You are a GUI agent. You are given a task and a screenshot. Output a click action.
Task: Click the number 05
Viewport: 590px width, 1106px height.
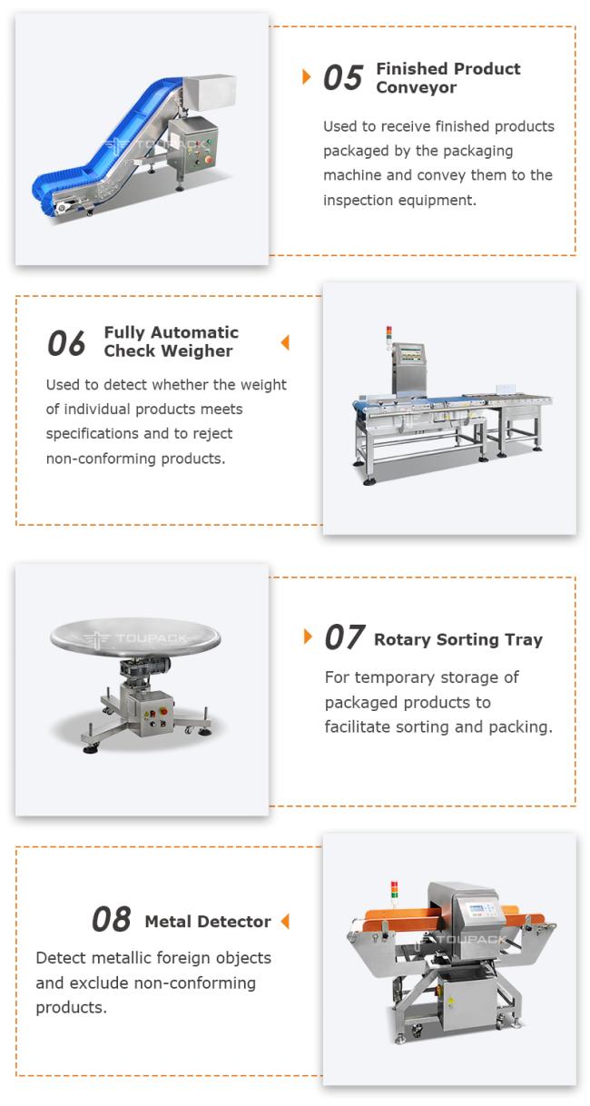tap(343, 77)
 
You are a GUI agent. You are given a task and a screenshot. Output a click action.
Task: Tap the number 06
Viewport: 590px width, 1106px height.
tap(66, 343)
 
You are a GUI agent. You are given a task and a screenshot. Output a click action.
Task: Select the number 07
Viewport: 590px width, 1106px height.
tap(345, 637)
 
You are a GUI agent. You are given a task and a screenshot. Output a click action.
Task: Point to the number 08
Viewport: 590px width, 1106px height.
tap(112, 919)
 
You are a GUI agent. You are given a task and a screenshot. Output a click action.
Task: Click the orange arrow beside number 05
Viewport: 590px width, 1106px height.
tap(307, 76)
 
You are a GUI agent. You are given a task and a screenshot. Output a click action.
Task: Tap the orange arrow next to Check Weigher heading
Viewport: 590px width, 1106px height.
tap(285, 342)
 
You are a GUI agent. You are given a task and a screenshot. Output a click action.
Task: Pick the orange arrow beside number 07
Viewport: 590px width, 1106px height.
tap(308, 637)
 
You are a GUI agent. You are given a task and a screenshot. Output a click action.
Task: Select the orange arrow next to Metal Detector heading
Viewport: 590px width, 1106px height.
tap(285, 921)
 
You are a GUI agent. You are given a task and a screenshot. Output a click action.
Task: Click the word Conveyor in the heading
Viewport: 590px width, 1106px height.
tap(417, 87)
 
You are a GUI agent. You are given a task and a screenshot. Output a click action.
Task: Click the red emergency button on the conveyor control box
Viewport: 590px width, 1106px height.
tap(207, 159)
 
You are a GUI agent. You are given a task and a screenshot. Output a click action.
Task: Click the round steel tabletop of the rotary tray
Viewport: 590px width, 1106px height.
tap(135, 637)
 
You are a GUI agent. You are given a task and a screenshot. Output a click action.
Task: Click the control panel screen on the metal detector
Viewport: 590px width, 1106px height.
tap(476, 908)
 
